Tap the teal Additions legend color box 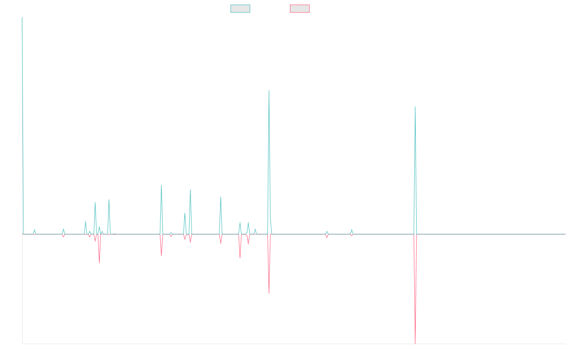(240, 9)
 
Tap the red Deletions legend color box (300, 9)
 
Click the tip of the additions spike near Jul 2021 (269, 90)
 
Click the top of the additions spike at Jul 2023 (415, 107)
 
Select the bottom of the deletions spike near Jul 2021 (269, 293)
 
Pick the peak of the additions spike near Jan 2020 (161, 185)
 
